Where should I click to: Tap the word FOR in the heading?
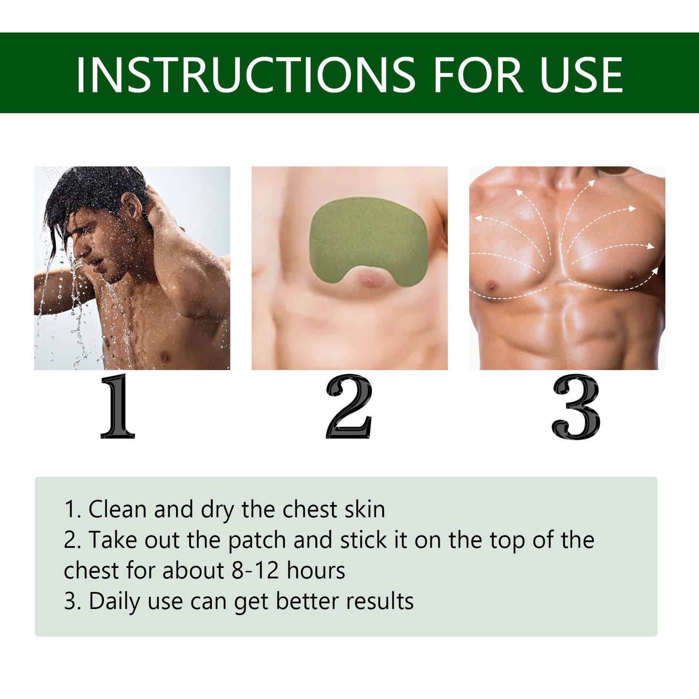[x=478, y=74]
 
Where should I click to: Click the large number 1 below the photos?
[x=118, y=406]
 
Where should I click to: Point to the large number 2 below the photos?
[x=349, y=406]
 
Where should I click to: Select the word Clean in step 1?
[x=118, y=509]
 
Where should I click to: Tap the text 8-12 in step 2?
[x=255, y=571]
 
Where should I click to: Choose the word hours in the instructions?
[x=316, y=571]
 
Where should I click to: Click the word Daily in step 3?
[x=115, y=602]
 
